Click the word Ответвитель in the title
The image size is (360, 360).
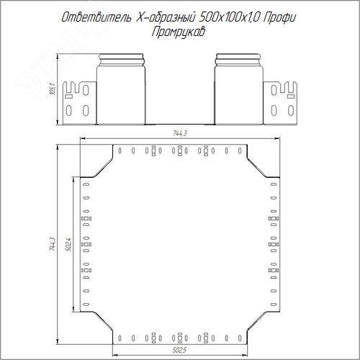[x=96, y=17]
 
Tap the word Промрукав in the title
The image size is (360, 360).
[x=179, y=32]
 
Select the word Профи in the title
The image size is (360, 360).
[x=279, y=17]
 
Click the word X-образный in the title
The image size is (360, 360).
[x=165, y=17]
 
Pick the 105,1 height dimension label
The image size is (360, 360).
[x=53, y=89]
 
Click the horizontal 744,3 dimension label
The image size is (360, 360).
[x=180, y=133]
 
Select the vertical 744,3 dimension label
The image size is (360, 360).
[x=53, y=244]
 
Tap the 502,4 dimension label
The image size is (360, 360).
[x=68, y=245]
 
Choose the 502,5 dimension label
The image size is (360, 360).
[x=179, y=350]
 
